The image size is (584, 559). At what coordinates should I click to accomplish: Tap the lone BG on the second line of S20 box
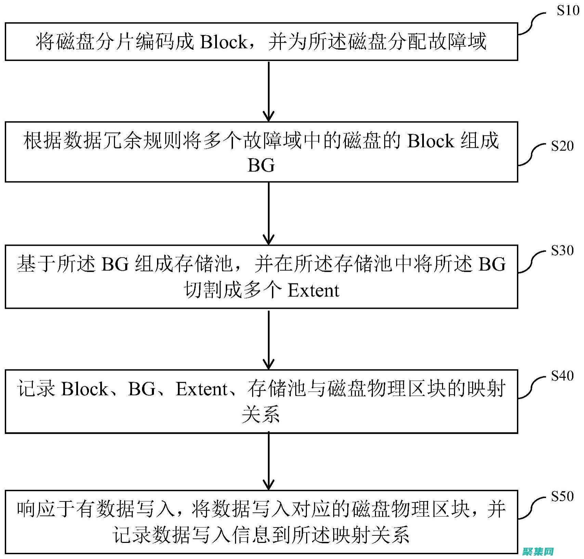(x=261, y=166)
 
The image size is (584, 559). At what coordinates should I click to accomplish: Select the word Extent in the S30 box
(x=313, y=290)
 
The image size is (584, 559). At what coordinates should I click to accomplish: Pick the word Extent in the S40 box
(x=202, y=389)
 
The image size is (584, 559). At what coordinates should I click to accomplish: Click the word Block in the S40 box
(x=85, y=389)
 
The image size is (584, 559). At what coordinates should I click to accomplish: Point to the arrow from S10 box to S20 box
(x=269, y=91)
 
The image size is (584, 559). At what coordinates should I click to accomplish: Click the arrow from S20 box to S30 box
(x=269, y=213)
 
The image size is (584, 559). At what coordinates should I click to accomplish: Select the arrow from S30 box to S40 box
(x=269, y=339)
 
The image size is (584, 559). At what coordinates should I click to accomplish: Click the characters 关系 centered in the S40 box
(x=261, y=414)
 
